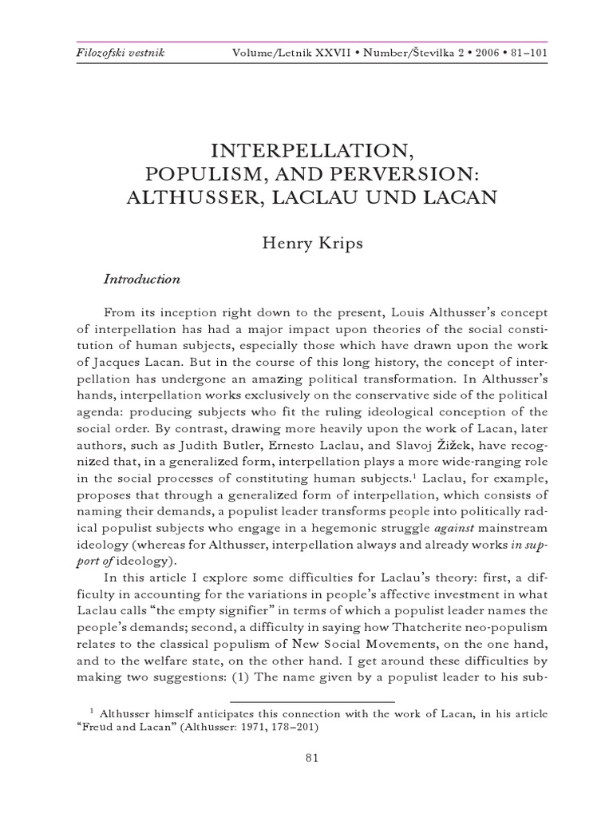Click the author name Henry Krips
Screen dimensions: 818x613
tap(312, 242)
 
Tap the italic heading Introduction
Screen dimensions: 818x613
tap(142, 280)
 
